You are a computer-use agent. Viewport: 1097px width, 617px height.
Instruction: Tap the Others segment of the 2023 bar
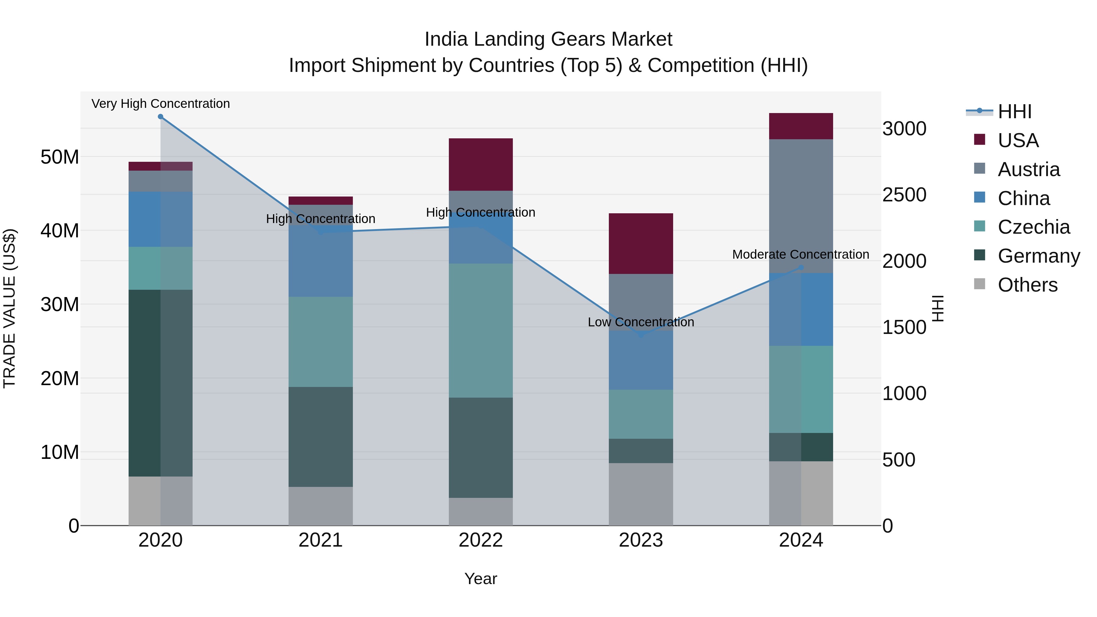pyautogui.click(x=641, y=494)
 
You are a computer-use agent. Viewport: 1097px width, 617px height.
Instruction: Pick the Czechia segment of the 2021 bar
pyautogui.click(x=321, y=342)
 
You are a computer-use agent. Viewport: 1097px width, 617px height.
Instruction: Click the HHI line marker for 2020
pyautogui.click(x=161, y=117)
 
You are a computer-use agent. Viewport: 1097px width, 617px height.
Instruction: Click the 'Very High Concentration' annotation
pyautogui.click(x=161, y=104)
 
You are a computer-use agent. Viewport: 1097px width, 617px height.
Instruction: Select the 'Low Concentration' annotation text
pyautogui.click(x=641, y=322)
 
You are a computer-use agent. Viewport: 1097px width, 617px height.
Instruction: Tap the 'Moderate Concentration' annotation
pyautogui.click(x=800, y=254)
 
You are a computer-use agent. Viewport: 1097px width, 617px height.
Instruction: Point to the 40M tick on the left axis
pyautogui.click(x=60, y=231)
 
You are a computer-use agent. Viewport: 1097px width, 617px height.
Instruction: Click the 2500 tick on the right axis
pyautogui.click(x=904, y=195)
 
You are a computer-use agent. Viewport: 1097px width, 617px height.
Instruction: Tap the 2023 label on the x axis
pyautogui.click(x=641, y=540)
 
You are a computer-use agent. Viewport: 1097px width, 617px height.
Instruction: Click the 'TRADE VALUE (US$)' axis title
pyautogui.click(x=9, y=308)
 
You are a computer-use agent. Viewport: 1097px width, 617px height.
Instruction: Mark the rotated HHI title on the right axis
pyautogui.click(x=938, y=308)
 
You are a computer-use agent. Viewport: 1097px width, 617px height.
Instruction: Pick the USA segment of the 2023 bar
pyautogui.click(x=641, y=243)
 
